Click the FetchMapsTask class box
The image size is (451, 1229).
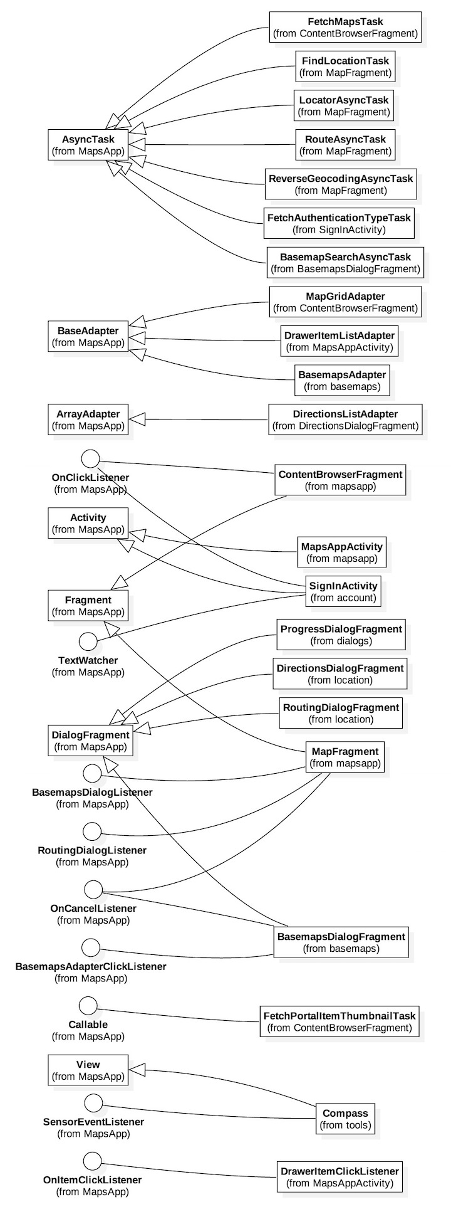345,28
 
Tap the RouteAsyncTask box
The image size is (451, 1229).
345,145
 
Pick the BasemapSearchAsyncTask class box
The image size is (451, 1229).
345,263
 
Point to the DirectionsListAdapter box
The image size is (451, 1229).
345,419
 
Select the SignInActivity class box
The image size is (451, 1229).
343,591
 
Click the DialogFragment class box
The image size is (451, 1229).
90,741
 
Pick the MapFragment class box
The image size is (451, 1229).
344,757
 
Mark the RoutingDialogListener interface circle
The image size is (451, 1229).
92,831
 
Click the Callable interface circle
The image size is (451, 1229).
88,1005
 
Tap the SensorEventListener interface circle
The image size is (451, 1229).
93,1103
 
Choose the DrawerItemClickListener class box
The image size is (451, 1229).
339,1177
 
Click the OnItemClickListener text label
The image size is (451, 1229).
92,1180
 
